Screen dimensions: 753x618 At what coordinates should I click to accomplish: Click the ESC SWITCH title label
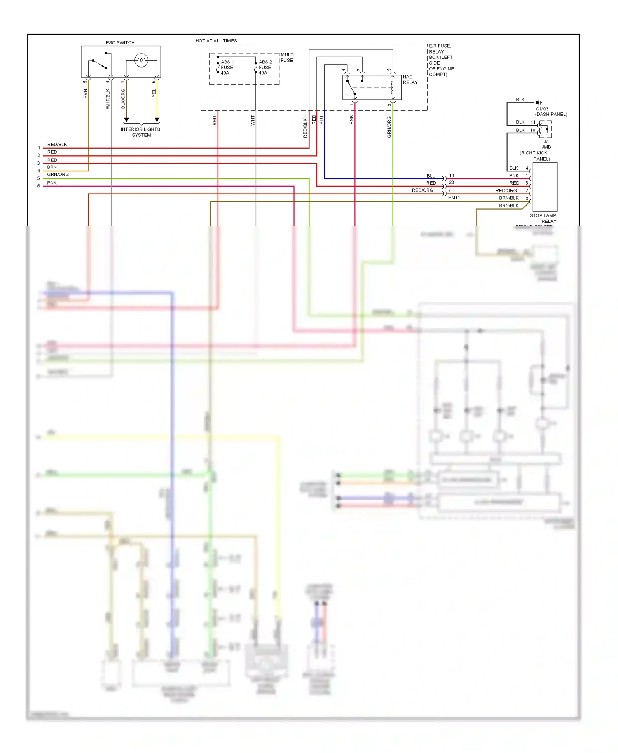coord(120,42)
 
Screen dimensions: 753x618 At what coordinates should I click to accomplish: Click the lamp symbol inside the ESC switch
coord(141,61)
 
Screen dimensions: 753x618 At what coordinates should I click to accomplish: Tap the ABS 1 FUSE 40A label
coord(227,68)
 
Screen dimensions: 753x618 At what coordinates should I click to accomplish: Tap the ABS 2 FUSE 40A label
coord(265,68)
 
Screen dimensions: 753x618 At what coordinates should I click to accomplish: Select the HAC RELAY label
coord(410,80)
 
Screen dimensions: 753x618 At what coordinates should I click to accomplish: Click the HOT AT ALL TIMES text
coord(216,41)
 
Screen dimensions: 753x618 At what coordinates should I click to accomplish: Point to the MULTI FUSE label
coord(287,57)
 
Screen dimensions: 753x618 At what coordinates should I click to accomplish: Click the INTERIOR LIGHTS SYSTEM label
coord(140,132)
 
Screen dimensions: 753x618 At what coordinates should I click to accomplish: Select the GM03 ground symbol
coord(538,103)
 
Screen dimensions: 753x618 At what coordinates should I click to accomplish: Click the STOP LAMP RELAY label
coord(543,218)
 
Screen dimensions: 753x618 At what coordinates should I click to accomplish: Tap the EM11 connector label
coord(454,198)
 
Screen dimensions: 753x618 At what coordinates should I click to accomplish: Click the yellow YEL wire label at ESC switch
coord(154,94)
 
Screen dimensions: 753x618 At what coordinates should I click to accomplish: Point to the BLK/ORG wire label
coord(123,99)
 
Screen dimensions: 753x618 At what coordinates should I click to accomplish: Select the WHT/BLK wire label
coord(108,99)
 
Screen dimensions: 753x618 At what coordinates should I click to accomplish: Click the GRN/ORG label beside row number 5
coord(58,175)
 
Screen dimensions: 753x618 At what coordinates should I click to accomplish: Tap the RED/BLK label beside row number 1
coord(57,145)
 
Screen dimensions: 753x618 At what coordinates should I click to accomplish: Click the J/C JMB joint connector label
coord(546,144)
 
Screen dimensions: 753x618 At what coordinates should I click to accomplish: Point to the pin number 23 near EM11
coord(452,182)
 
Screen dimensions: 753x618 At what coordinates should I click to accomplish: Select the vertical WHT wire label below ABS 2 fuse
coord(253,120)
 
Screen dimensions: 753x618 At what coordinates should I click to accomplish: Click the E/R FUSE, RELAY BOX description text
coord(441,60)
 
